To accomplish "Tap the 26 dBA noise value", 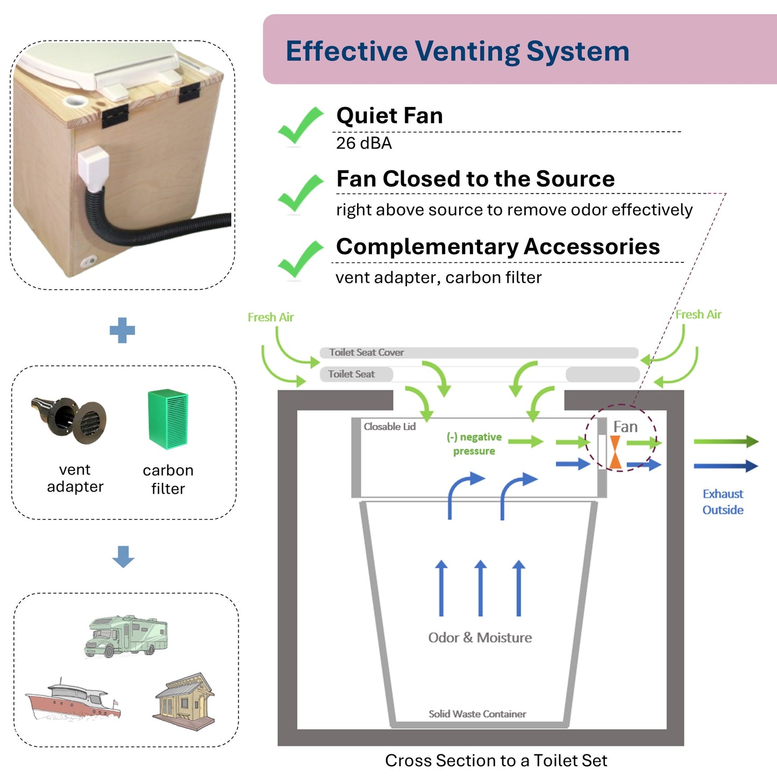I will [363, 144].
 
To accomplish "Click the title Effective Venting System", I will [457, 51].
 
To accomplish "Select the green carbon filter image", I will [168, 419].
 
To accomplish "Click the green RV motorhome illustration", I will [126, 636].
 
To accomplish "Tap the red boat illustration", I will [73, 700].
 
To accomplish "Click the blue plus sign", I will [122, 330].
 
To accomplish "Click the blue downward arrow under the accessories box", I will [123, 557].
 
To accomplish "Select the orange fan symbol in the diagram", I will [616, 452].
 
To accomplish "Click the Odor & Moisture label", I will [480, 638].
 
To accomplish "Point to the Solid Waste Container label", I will [477, 714].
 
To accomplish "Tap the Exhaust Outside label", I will [723, 502].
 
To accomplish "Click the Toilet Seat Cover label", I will [366, 353].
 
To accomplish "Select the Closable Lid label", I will [389, 427].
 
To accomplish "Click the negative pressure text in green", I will [474, 444].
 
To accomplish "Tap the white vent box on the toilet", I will [94, 170].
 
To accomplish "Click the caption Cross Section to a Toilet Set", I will [496, 761].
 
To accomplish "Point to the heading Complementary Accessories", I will [497, 247].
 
